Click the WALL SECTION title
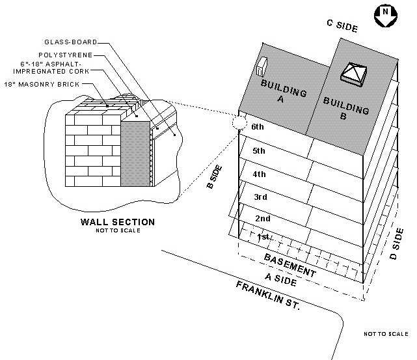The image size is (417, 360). [117, 222]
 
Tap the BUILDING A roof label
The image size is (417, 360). [283, 92]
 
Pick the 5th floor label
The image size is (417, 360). [258, 151]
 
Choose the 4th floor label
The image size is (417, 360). [259, 174]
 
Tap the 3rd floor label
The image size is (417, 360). [261, 197]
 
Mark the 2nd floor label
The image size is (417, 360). [262, 219]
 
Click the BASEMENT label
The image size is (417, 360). [290, 264]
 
